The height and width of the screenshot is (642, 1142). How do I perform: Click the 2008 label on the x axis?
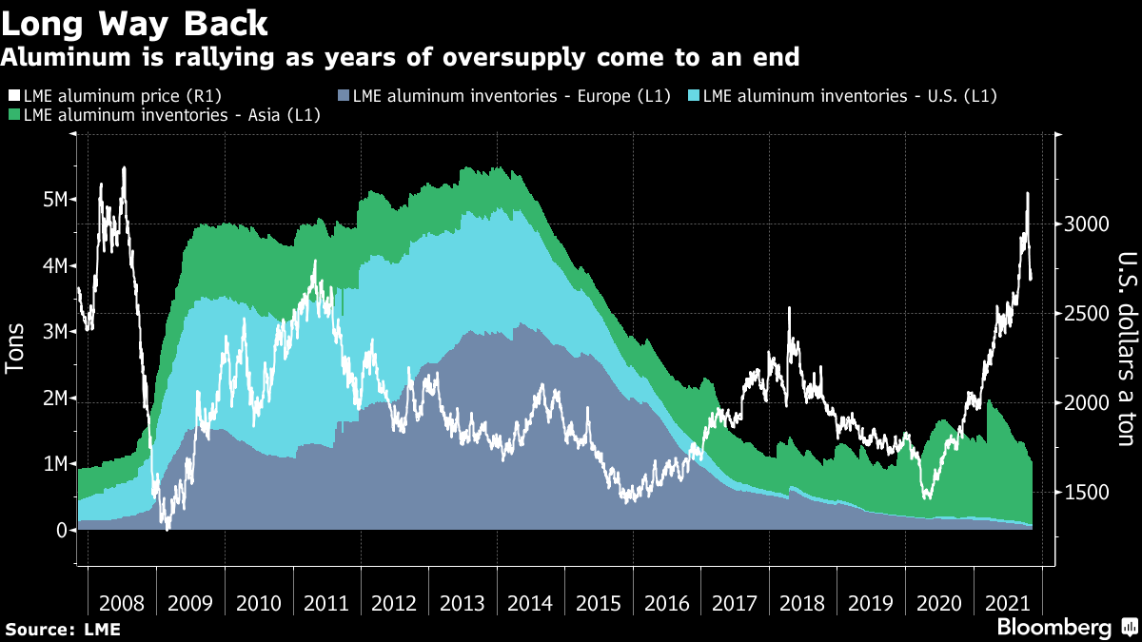122,603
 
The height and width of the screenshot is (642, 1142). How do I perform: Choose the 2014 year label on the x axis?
530,603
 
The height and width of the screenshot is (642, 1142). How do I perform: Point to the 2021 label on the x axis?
1008,603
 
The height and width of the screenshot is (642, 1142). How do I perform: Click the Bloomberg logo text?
1053,628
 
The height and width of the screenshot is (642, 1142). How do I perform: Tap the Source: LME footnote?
62,629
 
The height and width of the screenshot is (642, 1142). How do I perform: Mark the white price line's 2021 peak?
1027,193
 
